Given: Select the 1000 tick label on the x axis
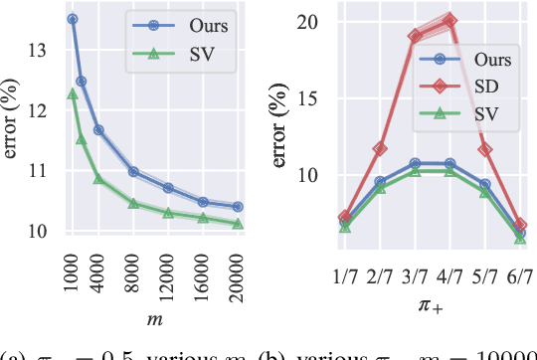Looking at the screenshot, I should tap(72, 270).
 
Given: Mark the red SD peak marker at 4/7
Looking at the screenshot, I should tap(450, 20).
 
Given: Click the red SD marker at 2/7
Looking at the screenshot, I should tap(380, 148).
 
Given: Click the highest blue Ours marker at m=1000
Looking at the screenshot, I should tap(72, 19).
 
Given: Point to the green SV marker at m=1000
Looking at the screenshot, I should tap(72, 93).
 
